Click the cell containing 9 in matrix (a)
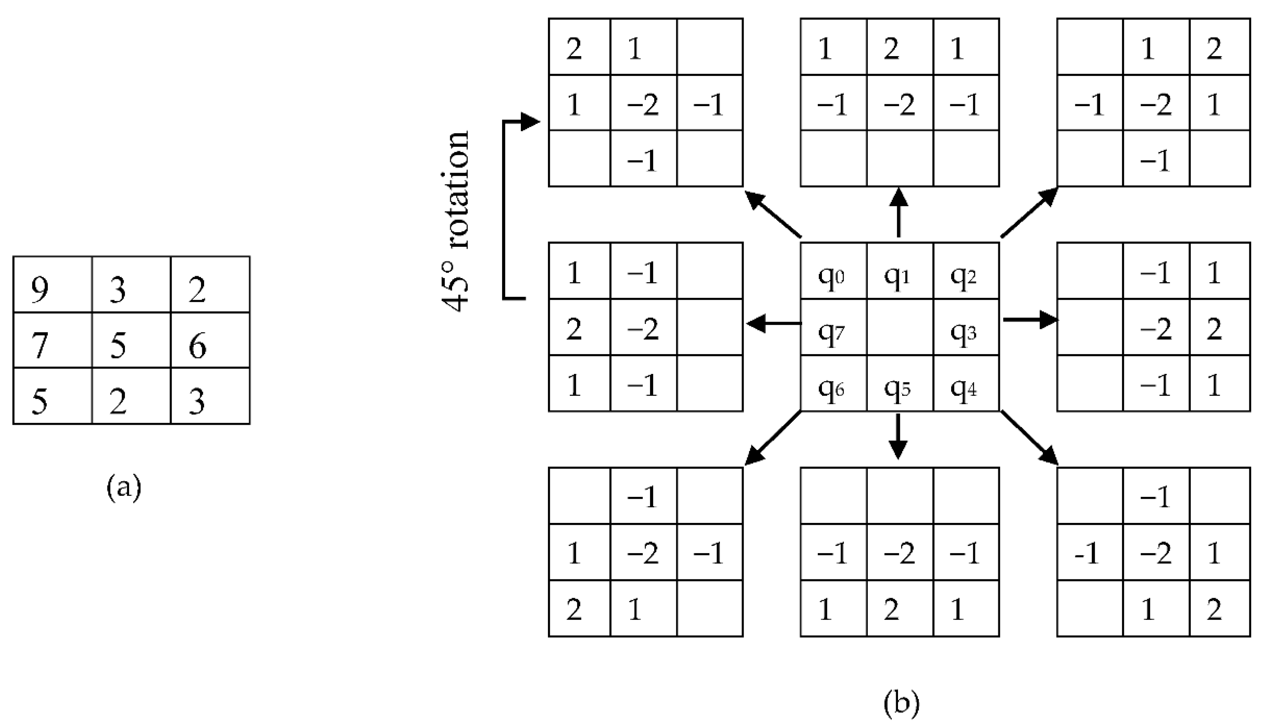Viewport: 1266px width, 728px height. click(52, 285)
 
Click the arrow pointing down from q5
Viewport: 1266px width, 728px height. click(898, 436)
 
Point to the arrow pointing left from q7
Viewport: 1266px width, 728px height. click(773, 324)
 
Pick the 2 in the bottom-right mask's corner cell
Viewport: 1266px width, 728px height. click(1219, 609)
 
